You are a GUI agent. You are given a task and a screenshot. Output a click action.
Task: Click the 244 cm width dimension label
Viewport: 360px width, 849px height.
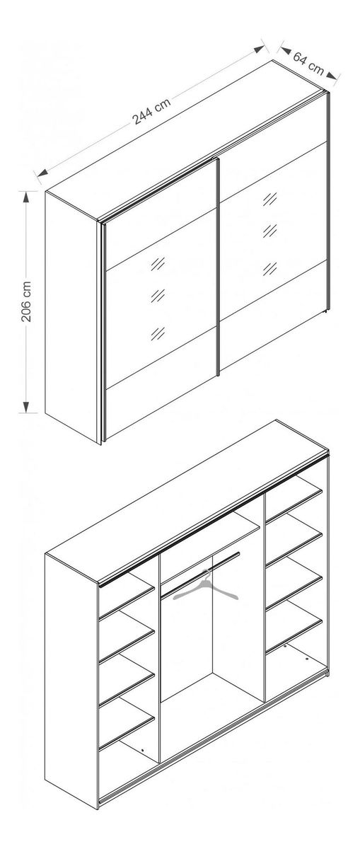pyautogui.click(x=151, y=111)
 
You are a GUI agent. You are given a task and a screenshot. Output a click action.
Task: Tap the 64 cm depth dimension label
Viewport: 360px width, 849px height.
pyautogui.click(x=309, y=64)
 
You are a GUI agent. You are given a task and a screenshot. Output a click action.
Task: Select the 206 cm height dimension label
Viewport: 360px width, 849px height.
pyautogui.click(x=26, y=301)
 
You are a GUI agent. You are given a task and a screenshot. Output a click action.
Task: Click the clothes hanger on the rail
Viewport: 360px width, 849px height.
pyautogui.click(x=206, y=587)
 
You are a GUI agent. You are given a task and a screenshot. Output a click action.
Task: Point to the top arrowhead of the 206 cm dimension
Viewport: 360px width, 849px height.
pyautogui.click(x=25, y=198)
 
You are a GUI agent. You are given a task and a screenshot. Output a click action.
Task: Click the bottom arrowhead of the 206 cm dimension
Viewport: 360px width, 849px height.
pyautogui.click(x=25, y=406)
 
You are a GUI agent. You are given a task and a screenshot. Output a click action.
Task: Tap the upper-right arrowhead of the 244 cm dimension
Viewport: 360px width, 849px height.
pyautogui.click(x=259, y=50)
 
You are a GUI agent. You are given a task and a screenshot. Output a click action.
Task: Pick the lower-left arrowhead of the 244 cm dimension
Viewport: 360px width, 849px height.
pyautogui.click(x=43, y=173)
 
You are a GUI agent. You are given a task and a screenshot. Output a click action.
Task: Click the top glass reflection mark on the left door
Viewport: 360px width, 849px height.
pyautogui.click(x=158, y=263)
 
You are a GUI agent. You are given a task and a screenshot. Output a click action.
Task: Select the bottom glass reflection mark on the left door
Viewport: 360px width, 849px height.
pyautogui.click(x=158, y=333)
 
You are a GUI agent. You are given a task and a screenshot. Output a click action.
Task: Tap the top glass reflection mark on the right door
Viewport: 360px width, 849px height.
pyautogui.click(x=269, y=198)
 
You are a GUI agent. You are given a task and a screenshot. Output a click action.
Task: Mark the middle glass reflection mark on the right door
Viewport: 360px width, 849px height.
pyautogui.click(x=269, y=231)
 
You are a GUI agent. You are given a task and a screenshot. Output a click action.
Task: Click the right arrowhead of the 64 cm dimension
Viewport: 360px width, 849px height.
pyautogui.click(x=332, y=76)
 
